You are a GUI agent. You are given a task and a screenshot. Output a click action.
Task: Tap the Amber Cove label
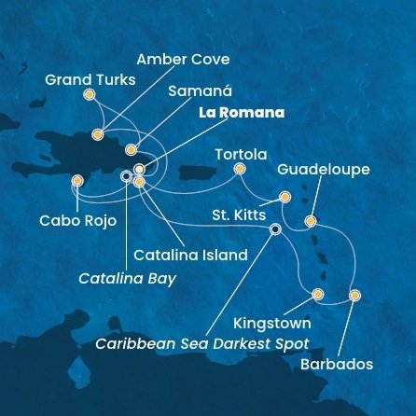182,60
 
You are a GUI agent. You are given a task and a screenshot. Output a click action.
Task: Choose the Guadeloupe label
325,170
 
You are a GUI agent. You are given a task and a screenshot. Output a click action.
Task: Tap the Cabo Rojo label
65,222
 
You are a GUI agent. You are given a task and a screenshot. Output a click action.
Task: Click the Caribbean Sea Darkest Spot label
202,342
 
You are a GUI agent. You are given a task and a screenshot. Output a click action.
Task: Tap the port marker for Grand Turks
90,94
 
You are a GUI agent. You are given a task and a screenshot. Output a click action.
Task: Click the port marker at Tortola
240,169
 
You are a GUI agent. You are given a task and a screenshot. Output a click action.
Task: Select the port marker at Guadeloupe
311,221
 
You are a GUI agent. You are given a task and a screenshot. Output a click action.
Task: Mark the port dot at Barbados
354,296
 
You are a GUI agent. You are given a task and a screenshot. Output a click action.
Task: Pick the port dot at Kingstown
318,296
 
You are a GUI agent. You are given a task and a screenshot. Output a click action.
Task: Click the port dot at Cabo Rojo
76,183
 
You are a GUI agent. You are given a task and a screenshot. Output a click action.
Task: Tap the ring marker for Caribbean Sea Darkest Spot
275,229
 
